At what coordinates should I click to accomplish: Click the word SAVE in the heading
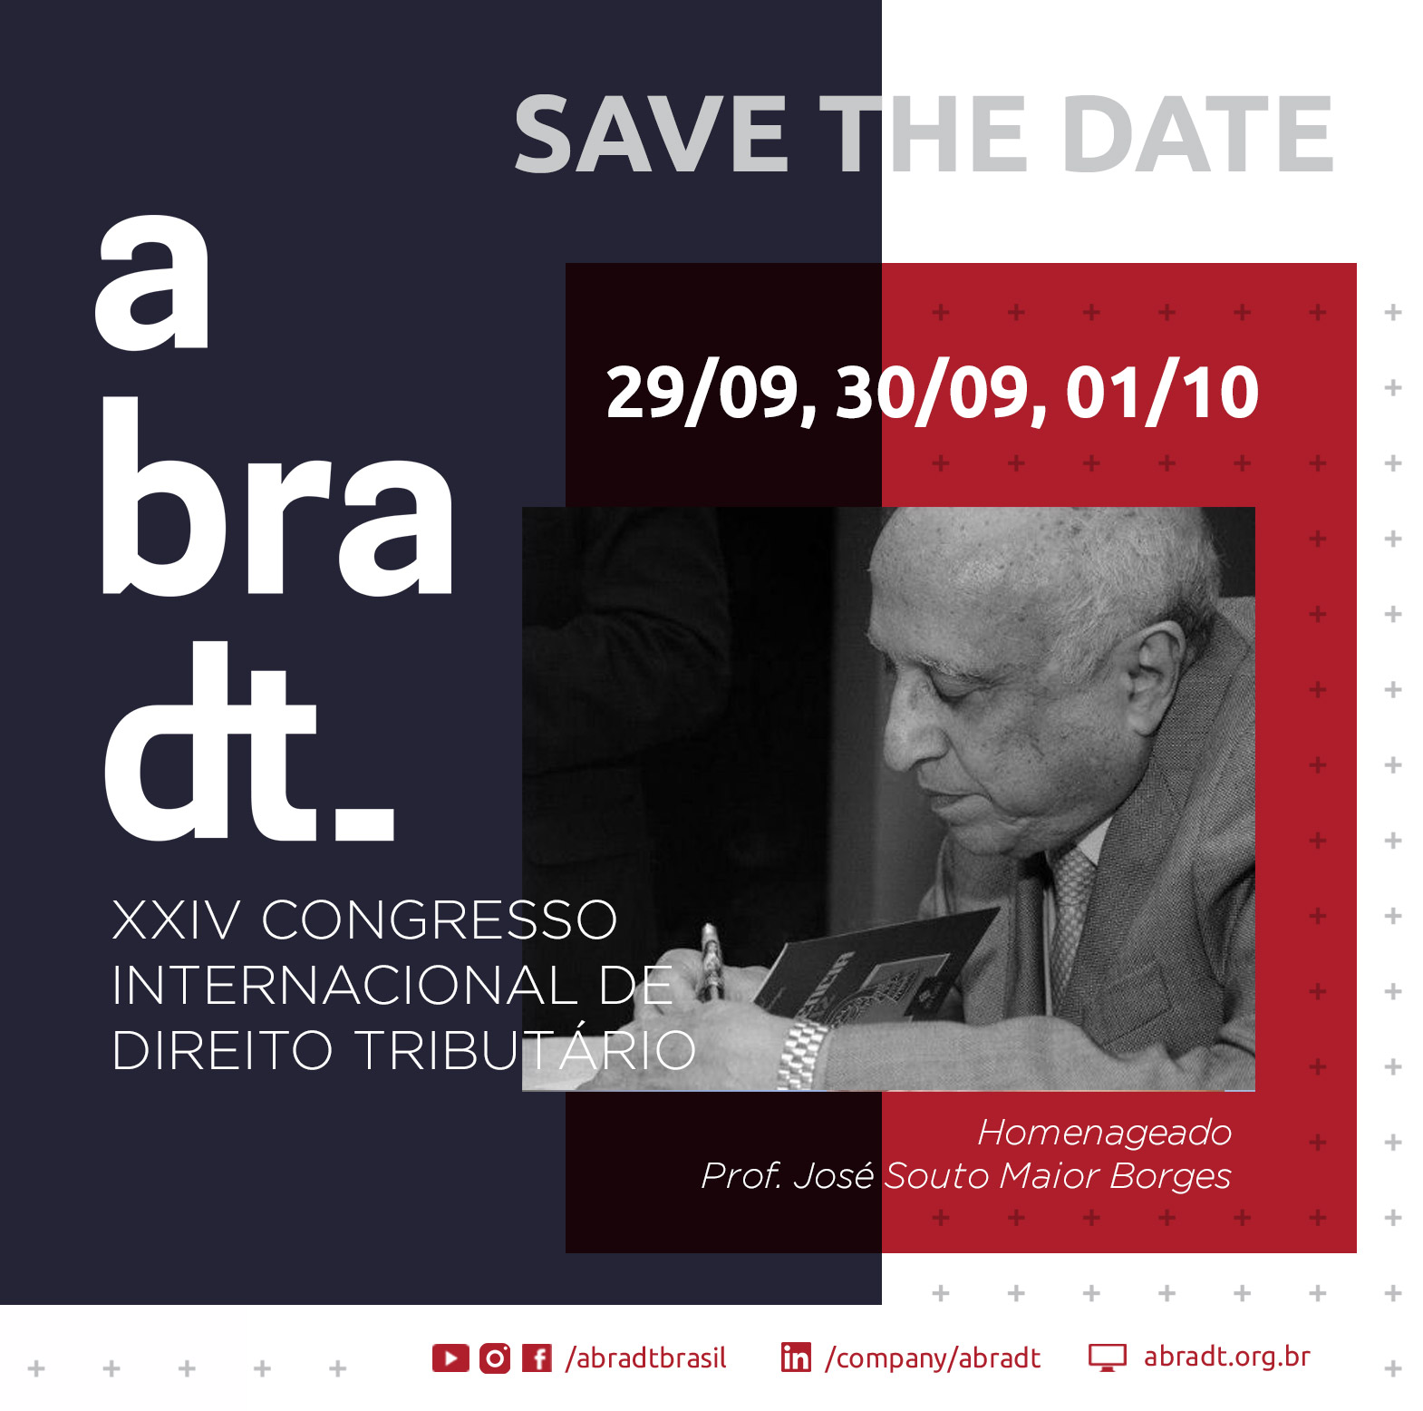click(651, 135)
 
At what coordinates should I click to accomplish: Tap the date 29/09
click(704, 392)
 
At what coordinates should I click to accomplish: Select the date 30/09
click(934, 392)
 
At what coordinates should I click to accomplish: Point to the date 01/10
click(1162, 392)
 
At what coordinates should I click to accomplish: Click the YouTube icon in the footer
click(450, 1357)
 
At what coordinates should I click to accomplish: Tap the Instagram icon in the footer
click(495, 1357)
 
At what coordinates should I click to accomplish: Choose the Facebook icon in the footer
click(537, 1357)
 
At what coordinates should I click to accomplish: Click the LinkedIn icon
click(796, 1357)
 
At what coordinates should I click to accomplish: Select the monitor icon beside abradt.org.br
click(1107, 1357)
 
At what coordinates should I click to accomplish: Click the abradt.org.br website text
click(1227, 1357)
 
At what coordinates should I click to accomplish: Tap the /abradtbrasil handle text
click(645, 1357)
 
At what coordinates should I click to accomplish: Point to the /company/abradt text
click(933, 1358)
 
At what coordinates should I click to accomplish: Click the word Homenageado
click(1105, 1133)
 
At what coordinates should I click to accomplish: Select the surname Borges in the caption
click(1171, 1176)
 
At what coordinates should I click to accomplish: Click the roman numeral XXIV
click(177, 920)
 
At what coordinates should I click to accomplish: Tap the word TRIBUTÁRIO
click(525, 1050)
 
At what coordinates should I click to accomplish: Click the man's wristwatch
click(802, 1053)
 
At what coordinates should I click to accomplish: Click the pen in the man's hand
click(711, 959)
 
